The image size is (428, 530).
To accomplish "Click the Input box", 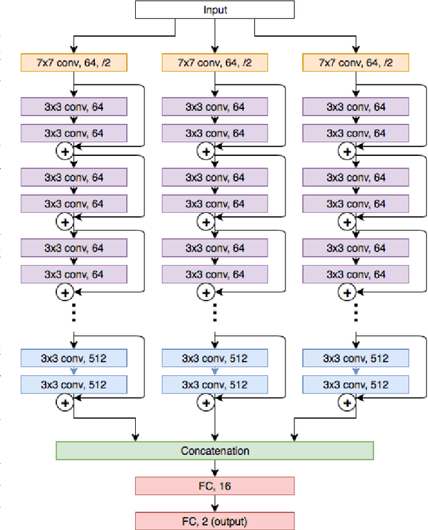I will tap(214, 9).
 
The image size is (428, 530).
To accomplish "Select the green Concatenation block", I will tap(214, 450).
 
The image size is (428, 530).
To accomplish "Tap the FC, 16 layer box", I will tap(214, 486).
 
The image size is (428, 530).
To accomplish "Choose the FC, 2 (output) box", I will tap(214, 520).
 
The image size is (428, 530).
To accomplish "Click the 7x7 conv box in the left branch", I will tap(74, 63).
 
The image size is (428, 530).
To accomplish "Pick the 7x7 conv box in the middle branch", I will tap(214, 63).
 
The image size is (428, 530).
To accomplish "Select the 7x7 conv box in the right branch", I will tap(356, 63).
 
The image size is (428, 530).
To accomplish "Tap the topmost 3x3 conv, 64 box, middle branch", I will tap(214, 106).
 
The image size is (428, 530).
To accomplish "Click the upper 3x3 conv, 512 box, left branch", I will tap(74, 358).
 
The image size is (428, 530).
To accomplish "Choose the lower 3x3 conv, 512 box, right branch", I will tap(356, 385).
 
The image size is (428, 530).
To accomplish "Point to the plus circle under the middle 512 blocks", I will tap(206, 403).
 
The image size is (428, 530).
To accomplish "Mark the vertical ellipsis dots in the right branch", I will tap(356, 311).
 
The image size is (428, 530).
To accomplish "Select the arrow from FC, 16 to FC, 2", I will tap(214, 503).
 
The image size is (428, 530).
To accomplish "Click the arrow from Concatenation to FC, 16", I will tap(214, 468).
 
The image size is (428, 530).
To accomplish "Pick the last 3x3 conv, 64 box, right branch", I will tap(356, 274).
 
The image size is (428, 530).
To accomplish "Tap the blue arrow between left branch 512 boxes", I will tap(74, 371).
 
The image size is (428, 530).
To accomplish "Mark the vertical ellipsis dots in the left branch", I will tap(74, 311).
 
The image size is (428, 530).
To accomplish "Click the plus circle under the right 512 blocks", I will tap(347, 403).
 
